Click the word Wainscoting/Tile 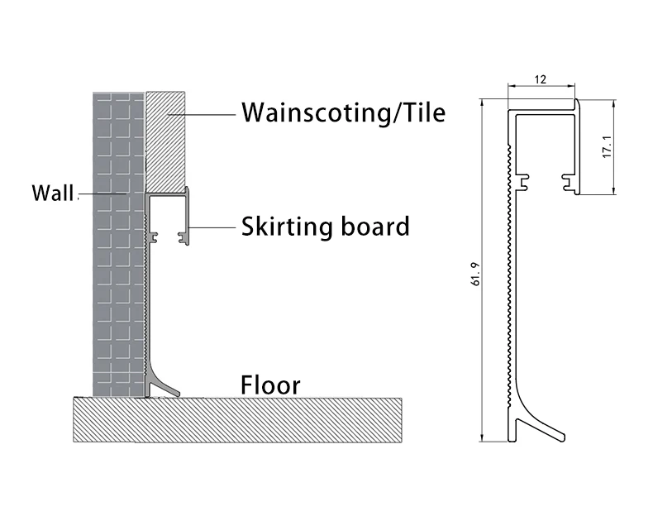click(x=342, y=112)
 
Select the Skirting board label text click(x=325, y=226)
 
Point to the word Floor click(x=270, y=385)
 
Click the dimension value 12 click(x=541, y=79)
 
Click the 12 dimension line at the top click(x=541, y=87)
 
